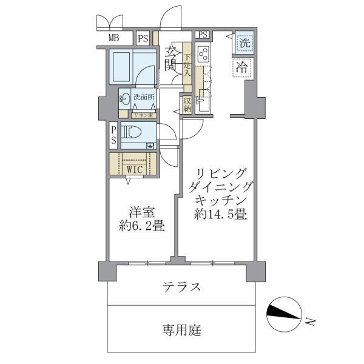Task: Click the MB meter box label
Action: (113, 39)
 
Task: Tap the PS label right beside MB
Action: (143, 39)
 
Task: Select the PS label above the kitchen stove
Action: (203, 35)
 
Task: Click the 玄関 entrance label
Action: (170, 57)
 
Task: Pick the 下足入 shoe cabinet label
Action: (187, 64)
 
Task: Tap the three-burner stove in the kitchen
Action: (203, 58)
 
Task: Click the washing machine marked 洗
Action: (243, 43)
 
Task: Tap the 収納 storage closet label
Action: (187, 104)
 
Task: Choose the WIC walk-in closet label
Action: (135, 169)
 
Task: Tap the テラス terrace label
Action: (182, 287)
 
